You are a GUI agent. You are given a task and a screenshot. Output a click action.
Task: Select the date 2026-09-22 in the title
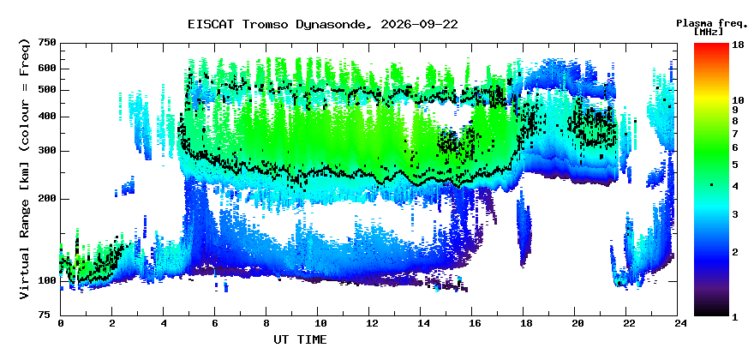[x=419, y=24]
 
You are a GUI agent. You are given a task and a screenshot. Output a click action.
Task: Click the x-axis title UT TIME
[x=300, y=339]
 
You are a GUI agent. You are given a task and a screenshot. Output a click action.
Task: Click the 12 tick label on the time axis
[x=368, y=323]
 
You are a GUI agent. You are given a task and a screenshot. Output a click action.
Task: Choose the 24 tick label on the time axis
[x=677, y=323]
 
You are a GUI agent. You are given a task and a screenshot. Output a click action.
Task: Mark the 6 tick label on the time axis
[x=214, y=323]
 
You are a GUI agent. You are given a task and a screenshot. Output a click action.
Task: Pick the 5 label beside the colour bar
[x=735, y=165]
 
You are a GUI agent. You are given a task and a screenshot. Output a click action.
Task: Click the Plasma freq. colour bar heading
[x=712, y=23]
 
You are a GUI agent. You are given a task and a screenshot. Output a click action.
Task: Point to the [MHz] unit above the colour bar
[x=709, y=32]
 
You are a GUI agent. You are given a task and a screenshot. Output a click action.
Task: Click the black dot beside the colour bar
[x=712, y=185]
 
